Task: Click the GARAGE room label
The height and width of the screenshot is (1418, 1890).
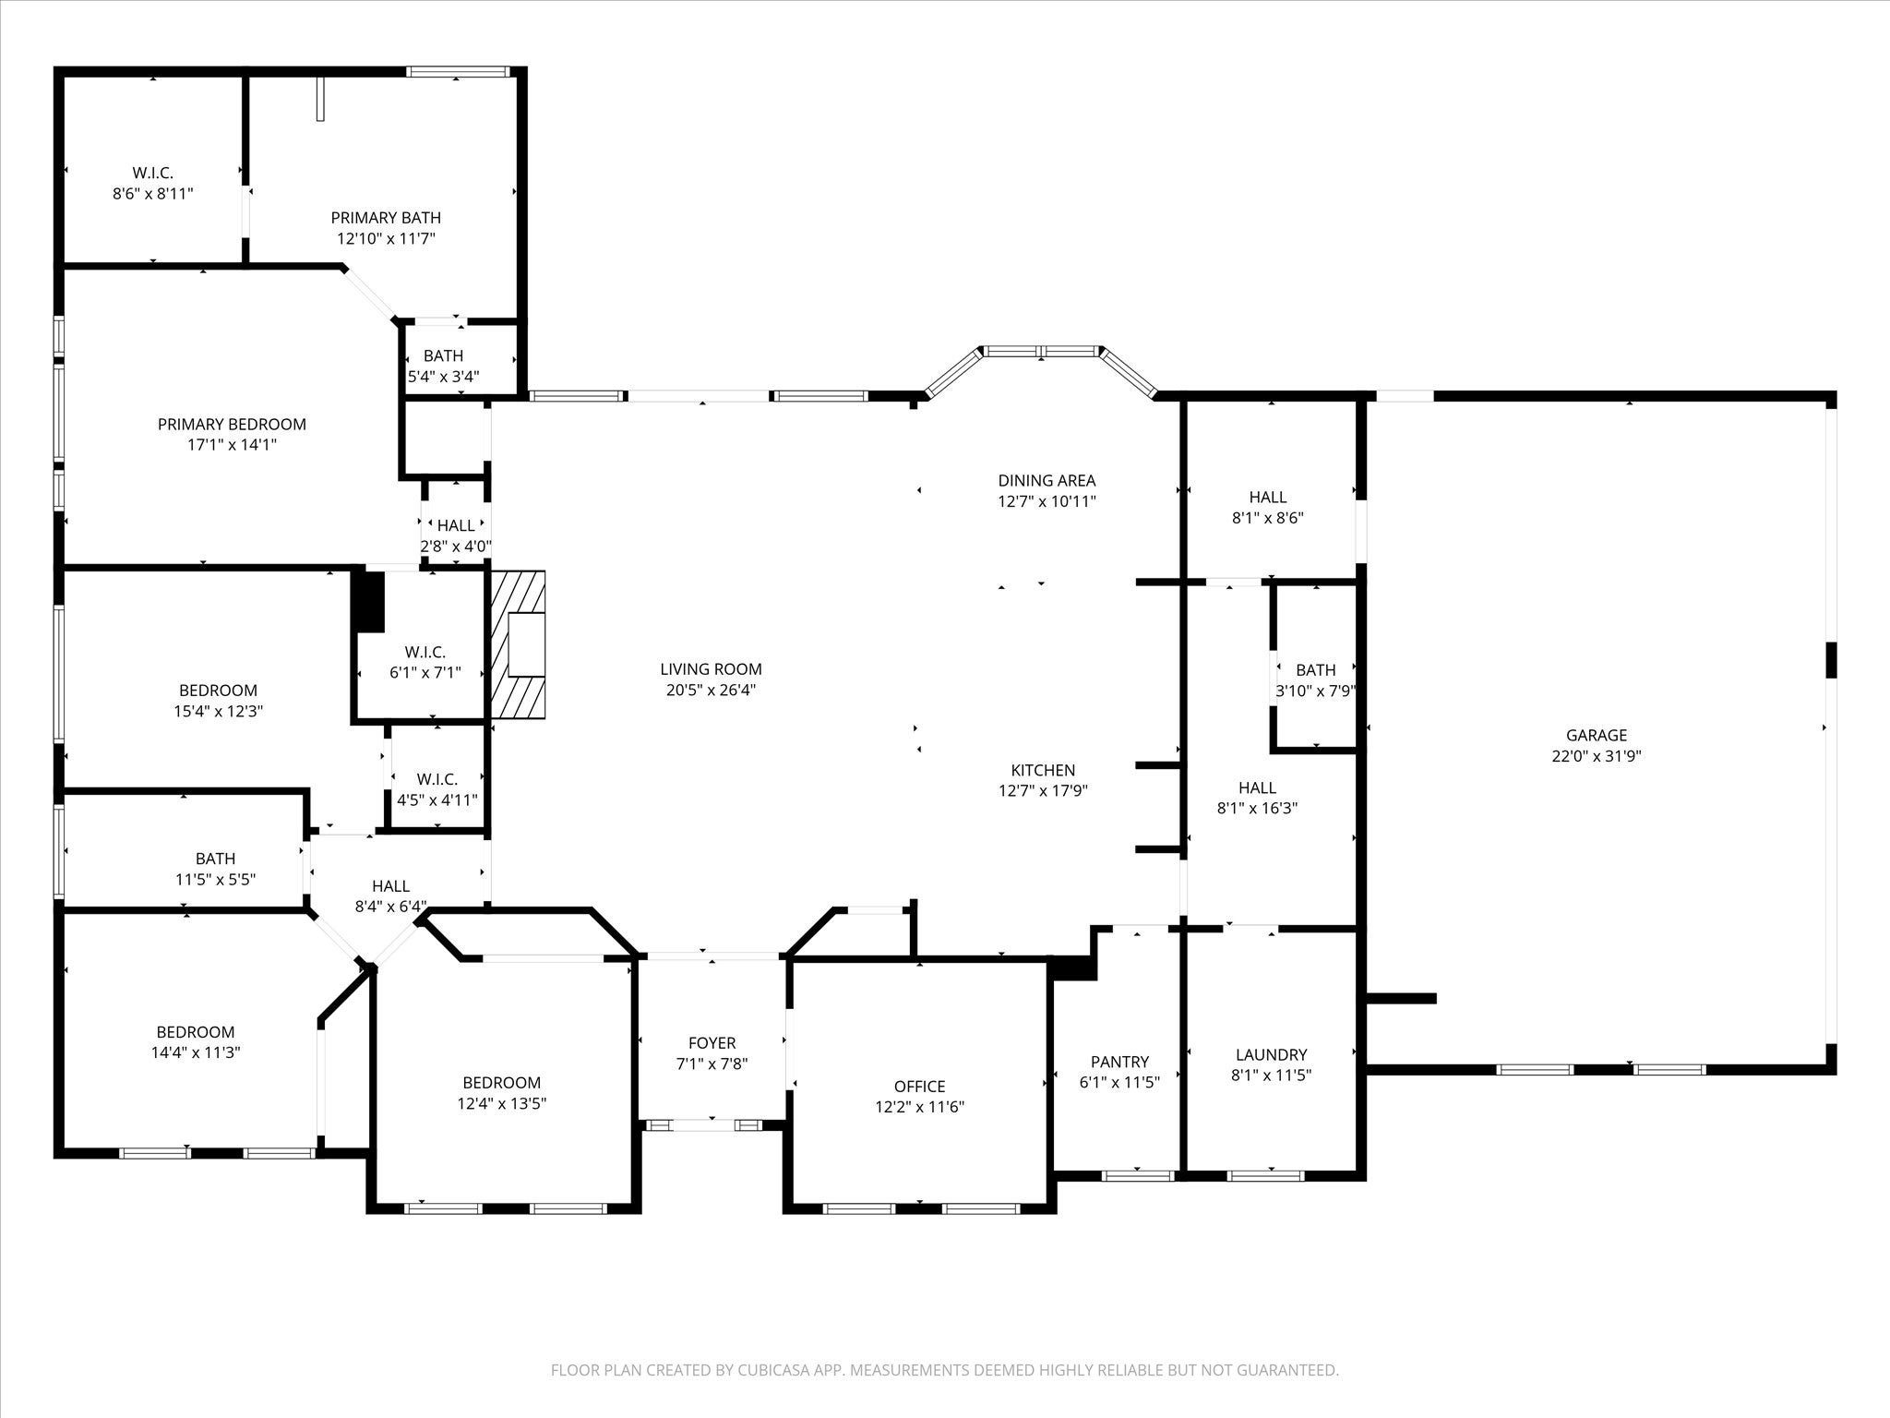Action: coord(1596,735)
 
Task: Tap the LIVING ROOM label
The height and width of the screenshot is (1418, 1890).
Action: coord(711,669)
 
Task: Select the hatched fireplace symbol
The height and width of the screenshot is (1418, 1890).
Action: coord(518,644)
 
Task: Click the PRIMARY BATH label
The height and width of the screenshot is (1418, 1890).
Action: coord(386,218)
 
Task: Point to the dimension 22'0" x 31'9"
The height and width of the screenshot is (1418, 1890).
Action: coord(1596,756)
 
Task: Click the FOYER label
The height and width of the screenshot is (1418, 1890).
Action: coord(712,1043)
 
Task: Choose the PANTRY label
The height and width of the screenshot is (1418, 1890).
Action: coord(1119,1062)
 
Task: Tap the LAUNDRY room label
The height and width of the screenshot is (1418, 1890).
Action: coord(1271,1054)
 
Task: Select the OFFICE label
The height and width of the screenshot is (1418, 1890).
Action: coord(919,1087)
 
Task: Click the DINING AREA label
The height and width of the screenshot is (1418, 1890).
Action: coord(1047,480)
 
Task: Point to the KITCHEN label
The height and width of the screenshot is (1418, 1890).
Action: coord(1043,770)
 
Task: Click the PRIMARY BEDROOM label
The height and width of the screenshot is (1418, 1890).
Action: coord(232,425)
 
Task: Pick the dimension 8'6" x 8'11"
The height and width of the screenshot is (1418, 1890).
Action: coord(152,194)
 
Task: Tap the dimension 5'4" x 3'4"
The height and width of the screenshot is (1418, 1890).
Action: coord(443,377)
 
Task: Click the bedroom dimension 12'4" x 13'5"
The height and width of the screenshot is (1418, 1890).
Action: coord(501,1103)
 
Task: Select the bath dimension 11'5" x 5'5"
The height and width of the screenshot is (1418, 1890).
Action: coord(215,880)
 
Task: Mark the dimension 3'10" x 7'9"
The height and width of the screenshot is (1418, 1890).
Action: coord(1315,691)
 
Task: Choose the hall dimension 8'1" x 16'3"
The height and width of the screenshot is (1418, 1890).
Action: coord(1257,808)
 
